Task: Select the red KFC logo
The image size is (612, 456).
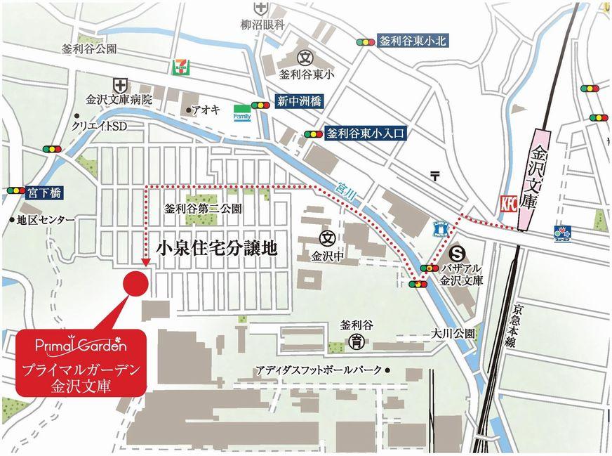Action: [508, 204]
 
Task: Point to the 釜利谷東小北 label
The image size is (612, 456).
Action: [413, 41]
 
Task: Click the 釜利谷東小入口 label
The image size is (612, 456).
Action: [366, 133]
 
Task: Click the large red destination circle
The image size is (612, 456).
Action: [136, 282]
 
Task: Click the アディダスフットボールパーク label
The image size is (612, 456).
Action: [319, 370]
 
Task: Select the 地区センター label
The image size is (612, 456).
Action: [46, 220]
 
